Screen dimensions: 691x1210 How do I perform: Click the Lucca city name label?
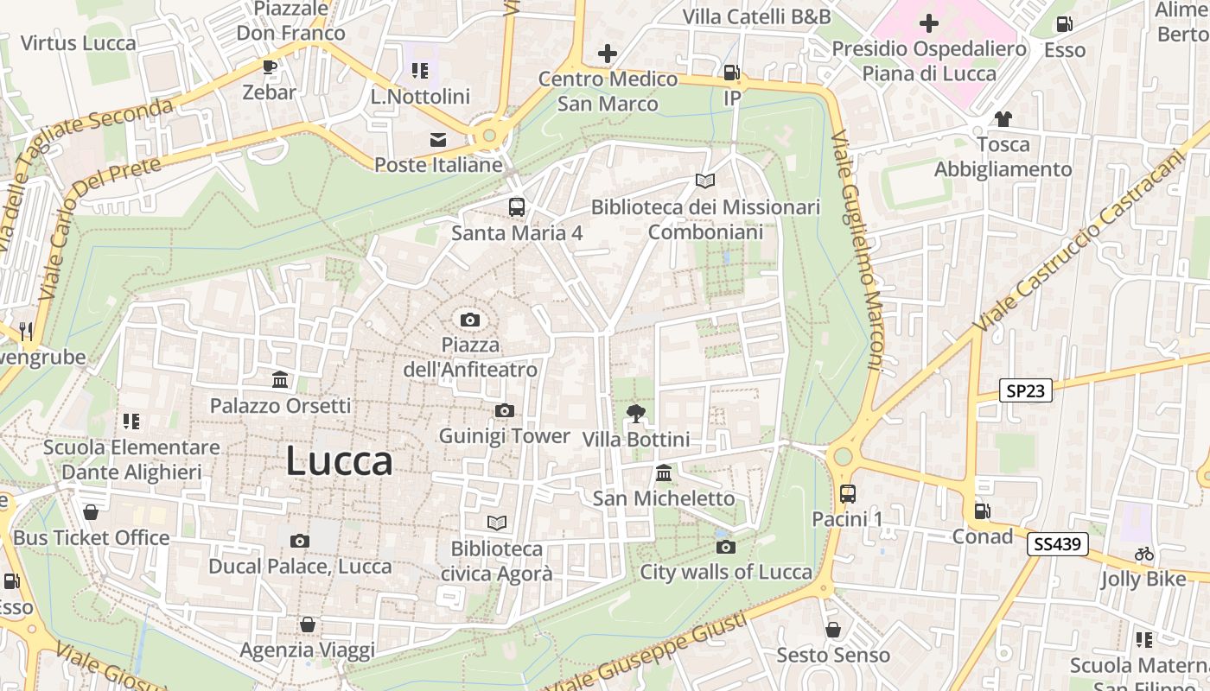pyautogui.click(x=339, y=460)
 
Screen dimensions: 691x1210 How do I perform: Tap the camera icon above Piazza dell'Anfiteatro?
pyautogui.click(x=470, y=320)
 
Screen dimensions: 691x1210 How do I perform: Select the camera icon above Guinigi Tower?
pyautogui.click(x=505, y=410)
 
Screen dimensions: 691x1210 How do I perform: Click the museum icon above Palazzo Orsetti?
pyautogui.click(x=280, y=380)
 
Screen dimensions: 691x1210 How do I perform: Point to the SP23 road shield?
pyautogui.click(x=1026, y=390)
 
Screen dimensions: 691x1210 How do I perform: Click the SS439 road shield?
pyautogui.click(x=1058, y=544)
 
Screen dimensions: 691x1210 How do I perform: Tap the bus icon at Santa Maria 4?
pyautogui.click(x=517, y=207)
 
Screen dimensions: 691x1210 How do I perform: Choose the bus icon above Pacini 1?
pyautogui.click(x=847, y=494)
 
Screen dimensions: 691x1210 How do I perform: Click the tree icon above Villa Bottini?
pyautogui.click(x=636, y=414)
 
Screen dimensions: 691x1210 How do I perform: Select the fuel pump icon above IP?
pyautogui.click(x=732, y=73)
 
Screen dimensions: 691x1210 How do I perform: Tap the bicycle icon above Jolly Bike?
pyautogui.click(x=1144, y=554)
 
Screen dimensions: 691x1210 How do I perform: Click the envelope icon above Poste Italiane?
pyautogui.click(x=438, y=140)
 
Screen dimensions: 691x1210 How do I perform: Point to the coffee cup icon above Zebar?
pyautogui.click(x=270, y=67)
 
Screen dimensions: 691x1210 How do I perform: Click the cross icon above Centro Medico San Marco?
pyautogui.click(x=608, y=54)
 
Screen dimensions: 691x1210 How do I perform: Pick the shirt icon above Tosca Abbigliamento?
pyautogui.click(x=1003, y=119)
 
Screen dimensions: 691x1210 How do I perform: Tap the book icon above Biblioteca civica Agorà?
pyautogui.click(x=496, y=523)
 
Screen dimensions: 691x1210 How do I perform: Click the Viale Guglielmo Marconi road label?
pyautogui.click(x=857, y=250)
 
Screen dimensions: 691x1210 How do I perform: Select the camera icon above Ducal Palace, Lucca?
pyautogui.click(x=300, y=542)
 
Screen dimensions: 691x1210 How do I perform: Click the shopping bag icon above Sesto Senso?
pyautogui.click(x=833, y=630)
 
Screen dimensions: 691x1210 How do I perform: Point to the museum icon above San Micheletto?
pyautogui.click(x=664, y=473)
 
